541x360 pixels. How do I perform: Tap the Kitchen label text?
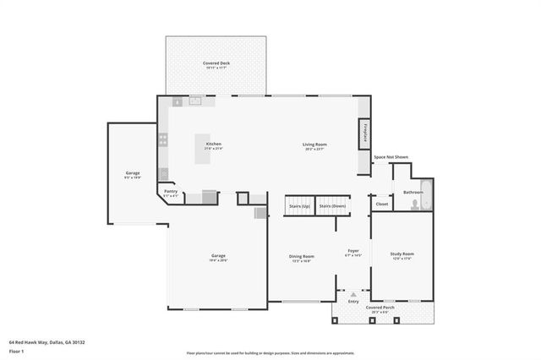pos(214,145)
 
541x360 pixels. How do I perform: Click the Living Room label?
pos(315,145)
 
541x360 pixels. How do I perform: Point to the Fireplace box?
pos(364,134)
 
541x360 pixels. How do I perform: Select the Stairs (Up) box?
pos(299,205)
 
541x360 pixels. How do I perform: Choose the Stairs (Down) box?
pos(333,205)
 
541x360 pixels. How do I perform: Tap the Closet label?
pos(382,204)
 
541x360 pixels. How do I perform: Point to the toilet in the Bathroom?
pos(413,205)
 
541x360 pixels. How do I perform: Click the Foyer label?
pos(353,251)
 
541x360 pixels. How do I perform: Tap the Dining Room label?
pos(302,256)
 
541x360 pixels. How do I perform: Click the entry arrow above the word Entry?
pos(353,294)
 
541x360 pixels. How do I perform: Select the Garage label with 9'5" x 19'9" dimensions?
pos(133,173)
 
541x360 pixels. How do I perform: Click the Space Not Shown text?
pos(391,157)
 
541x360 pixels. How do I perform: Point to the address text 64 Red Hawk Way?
pos(47,342)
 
